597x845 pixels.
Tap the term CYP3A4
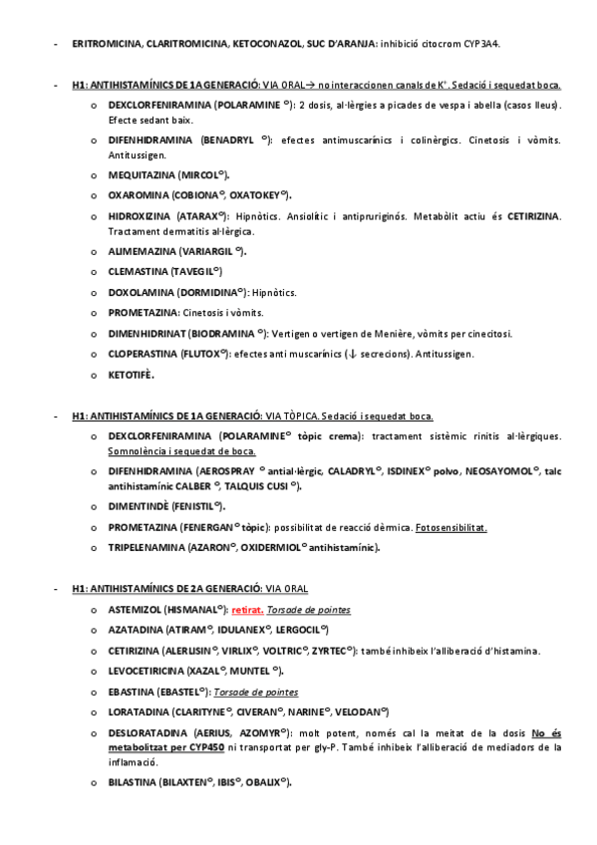[478, 44]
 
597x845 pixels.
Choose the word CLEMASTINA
[138, 271]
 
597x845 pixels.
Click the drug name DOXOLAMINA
[140, 292]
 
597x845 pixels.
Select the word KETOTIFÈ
[131, 375]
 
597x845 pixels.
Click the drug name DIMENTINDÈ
[138, 506]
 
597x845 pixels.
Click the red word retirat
[248, 609]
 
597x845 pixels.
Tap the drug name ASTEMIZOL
[136, 609]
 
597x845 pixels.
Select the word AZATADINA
[135, 630]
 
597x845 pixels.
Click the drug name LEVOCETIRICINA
[148, 672]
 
